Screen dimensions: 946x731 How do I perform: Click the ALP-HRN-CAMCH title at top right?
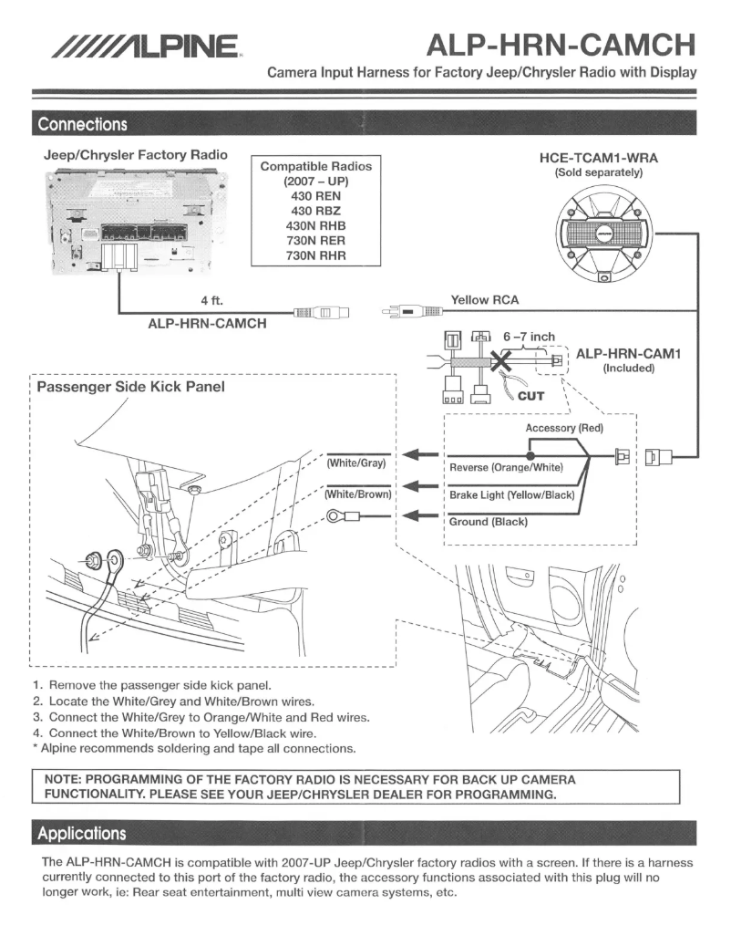coord(561,43)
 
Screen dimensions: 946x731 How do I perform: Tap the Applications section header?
coord(82,833)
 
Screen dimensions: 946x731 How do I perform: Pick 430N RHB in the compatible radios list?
coord(315,225)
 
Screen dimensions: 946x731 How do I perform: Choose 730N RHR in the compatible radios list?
coord(315,256)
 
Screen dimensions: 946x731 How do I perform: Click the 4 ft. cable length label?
coord(211,299)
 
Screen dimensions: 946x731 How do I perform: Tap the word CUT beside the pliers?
coord(530,396)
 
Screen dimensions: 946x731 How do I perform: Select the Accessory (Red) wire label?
coord(564,428)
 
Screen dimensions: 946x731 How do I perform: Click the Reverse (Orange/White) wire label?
coord(507,468)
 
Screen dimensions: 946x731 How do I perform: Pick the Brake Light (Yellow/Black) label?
coord(511,495)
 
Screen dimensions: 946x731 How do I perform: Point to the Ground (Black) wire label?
coord(489,522)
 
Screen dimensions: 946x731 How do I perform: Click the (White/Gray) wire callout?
coord(356,463)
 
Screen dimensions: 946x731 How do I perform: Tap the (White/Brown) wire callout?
coord(358,494)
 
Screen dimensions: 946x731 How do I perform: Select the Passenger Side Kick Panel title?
coord(130,387)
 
